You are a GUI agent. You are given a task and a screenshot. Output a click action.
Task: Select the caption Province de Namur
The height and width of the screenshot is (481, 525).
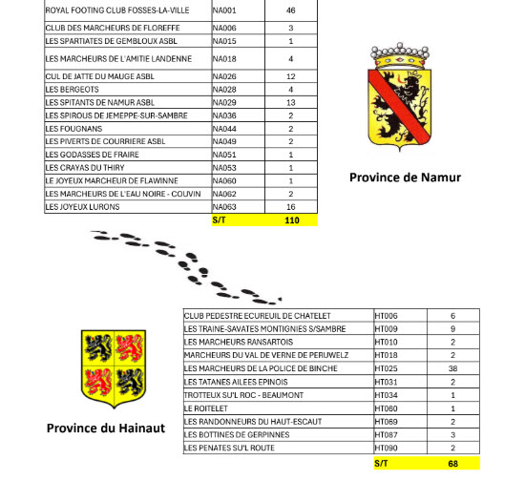coord(405,178)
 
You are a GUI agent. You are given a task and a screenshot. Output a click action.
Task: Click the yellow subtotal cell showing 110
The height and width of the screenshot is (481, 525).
coord(291,220)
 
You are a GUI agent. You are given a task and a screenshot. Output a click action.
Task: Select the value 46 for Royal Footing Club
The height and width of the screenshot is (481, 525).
coord(290,10)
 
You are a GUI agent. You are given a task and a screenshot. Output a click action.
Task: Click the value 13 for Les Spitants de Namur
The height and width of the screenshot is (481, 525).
coord(290,102)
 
